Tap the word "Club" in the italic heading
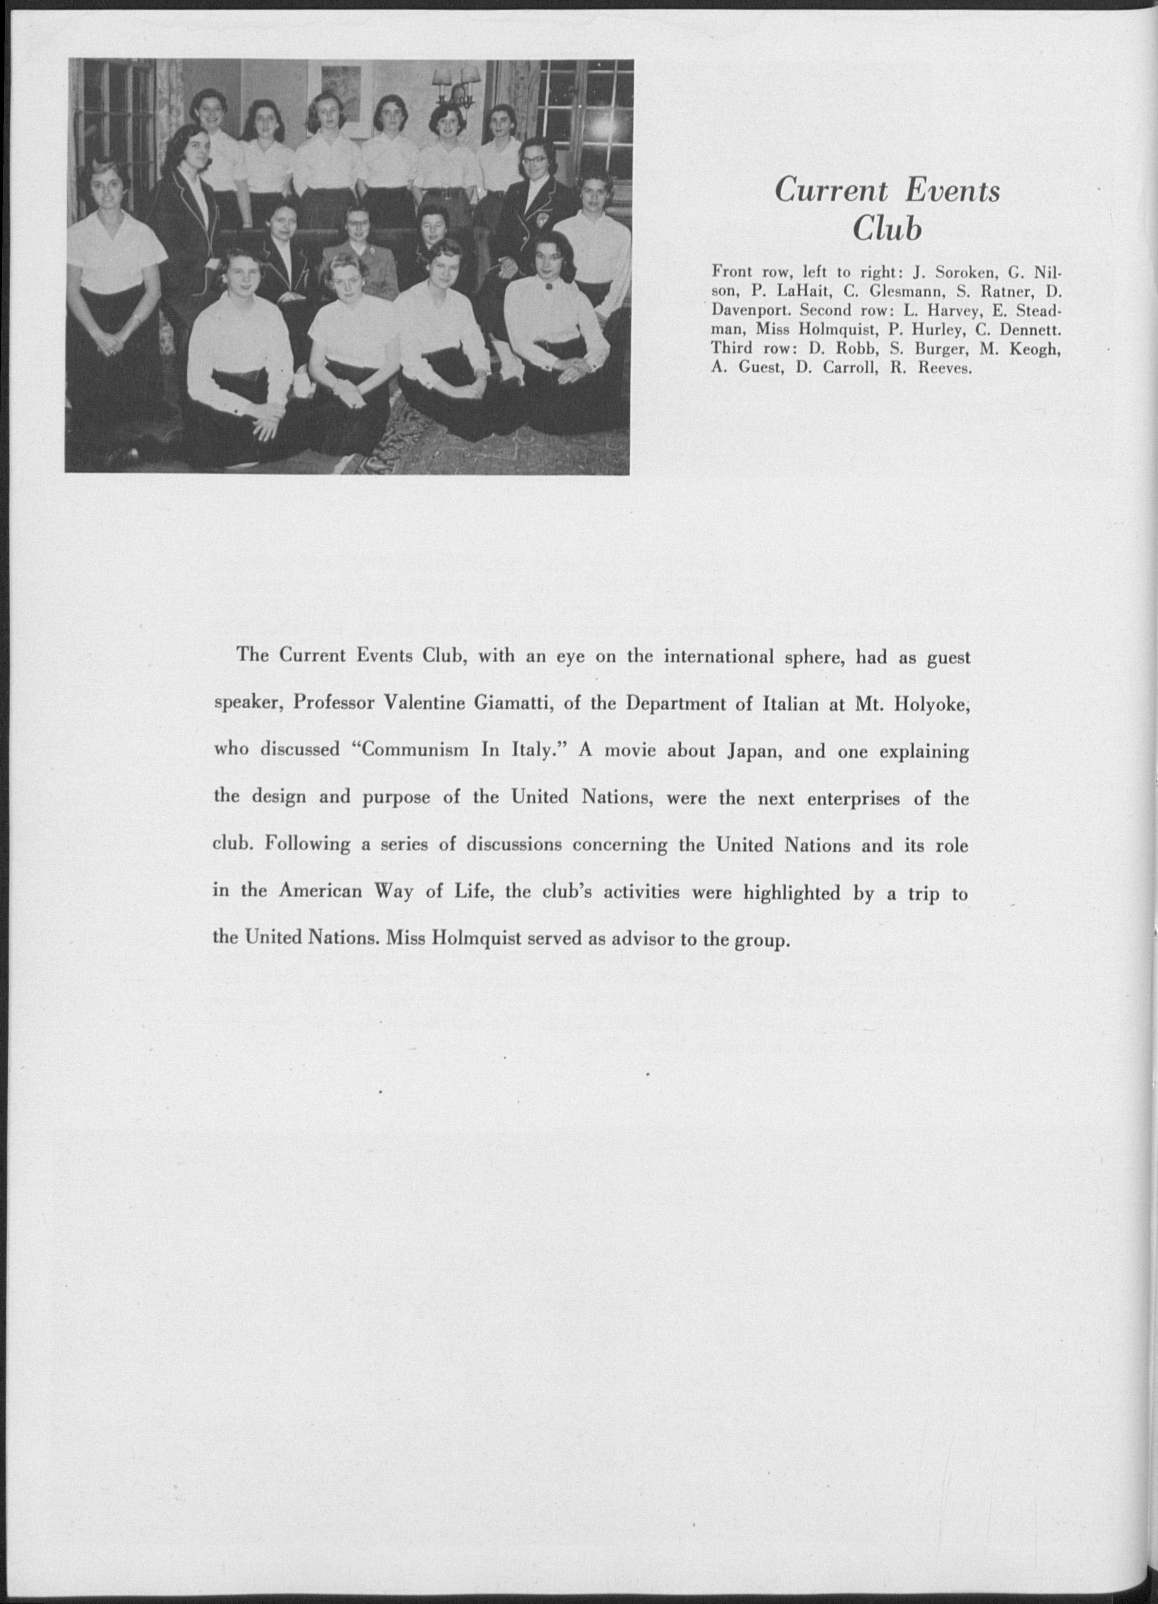click(x=887, y=229)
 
